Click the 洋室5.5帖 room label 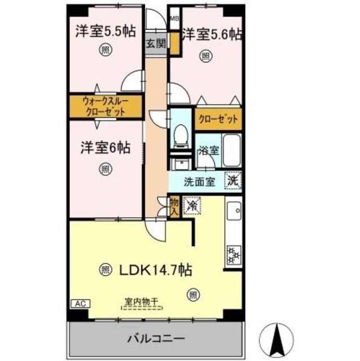(x=105, y=32)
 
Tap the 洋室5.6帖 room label (x=212, y=34)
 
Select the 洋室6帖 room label (x=104, y=148)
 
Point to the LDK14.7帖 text (x=154, y=270)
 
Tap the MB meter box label (x=175, y=18)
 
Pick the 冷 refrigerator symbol (x=192, y=206)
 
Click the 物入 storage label (x=174, y=207)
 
